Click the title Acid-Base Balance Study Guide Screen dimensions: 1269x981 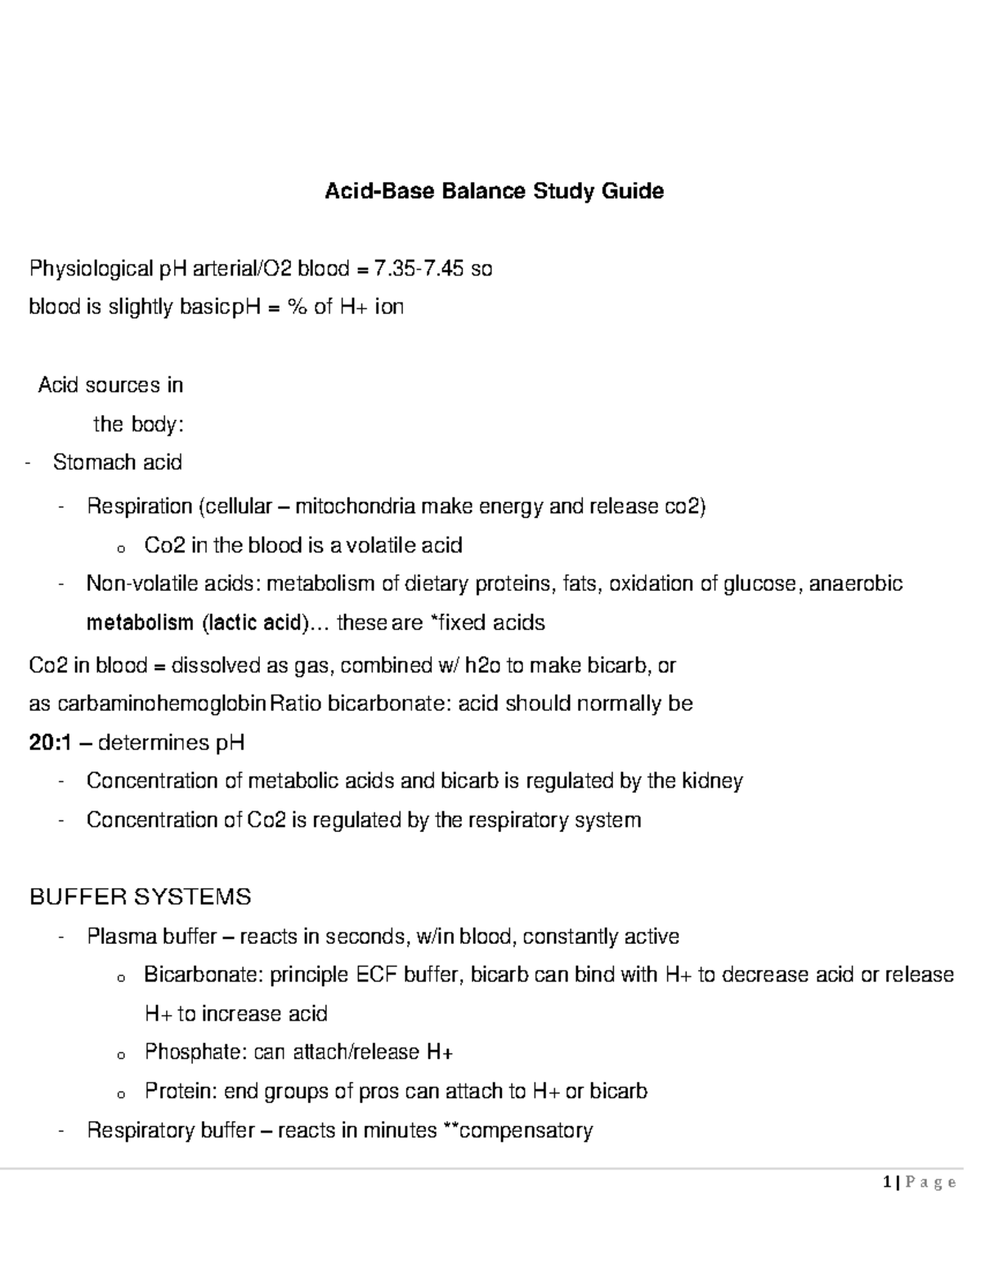495,191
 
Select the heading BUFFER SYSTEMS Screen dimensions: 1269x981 140,897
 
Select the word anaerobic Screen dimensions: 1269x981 855,583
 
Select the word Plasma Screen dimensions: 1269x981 122,936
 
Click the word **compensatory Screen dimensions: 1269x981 517,1130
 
